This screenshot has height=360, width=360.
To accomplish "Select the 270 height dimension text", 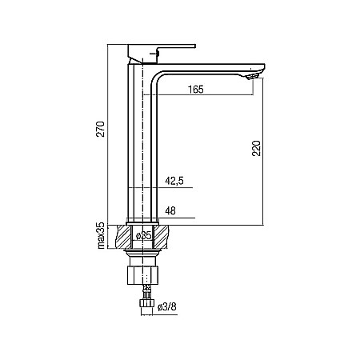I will point(101,131).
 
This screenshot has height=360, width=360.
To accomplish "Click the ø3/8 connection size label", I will point(167,307).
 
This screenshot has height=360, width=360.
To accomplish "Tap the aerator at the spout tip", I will point(254,75).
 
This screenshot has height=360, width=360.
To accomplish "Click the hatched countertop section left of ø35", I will point(125,236).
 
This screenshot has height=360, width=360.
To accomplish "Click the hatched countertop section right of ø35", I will point(163,236).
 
